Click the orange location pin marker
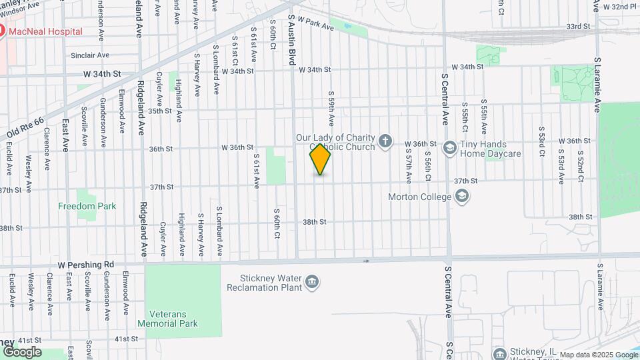point(320,159)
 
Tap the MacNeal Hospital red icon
point(2,31)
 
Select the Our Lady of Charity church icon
point(385,140)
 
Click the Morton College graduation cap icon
point(461,196)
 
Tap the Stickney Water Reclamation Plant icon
point(312,283)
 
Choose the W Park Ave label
point(316,24)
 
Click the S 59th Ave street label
point(331,109)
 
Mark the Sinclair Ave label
point(89,55)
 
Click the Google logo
point(21,351)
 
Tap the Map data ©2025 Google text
point(597,355)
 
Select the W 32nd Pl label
point(619,7)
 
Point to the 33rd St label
point(578,27)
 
